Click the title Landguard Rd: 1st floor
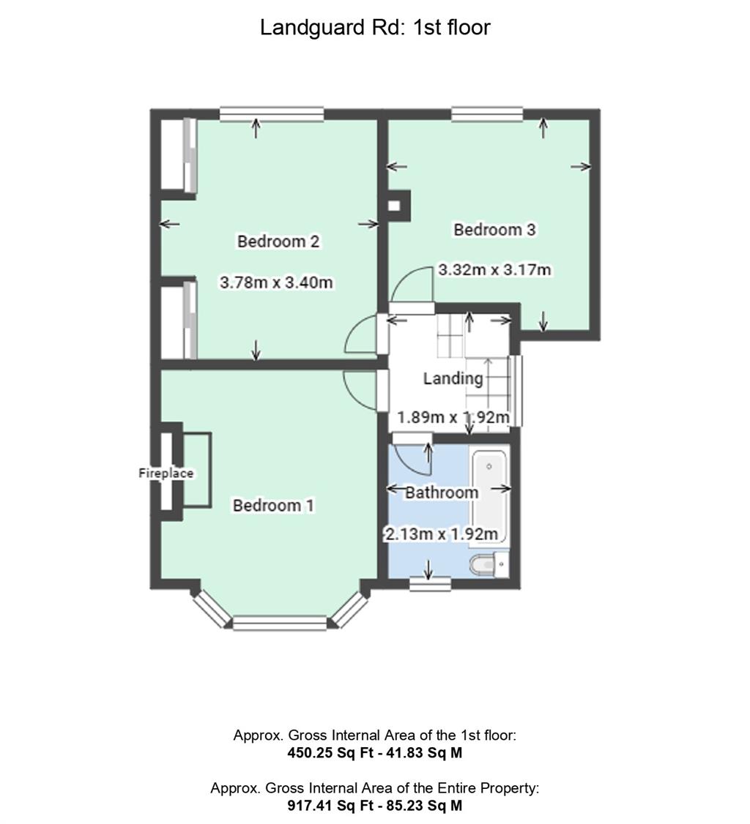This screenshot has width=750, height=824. [x=375, y=27]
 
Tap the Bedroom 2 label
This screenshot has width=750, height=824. [x=278, y=241]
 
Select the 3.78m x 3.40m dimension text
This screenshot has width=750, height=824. [x=276, y=282]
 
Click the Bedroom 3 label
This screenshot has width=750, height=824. [x=494, y=230]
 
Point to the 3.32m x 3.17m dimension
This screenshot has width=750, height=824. [x=494, y=269]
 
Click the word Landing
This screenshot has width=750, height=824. [x=453, y=379]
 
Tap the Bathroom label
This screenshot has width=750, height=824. [x=442, y=492]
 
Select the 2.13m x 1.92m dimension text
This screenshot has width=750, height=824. [x=441, y=534]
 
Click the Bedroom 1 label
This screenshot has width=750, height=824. [x=273, y=505]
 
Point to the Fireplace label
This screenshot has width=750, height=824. [x=166, y=473]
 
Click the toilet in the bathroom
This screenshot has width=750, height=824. [x=489, y=564]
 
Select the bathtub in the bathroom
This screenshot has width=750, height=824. [x=490, y=497]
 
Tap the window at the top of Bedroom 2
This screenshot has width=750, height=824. [x=272, y=114]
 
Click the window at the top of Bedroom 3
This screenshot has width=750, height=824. [x=487, y=114]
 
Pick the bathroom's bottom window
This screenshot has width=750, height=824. [x=430, y=584]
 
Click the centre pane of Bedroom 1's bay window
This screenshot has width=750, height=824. [x=280, y=623]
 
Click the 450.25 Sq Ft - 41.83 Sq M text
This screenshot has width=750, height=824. [x=375, y=752]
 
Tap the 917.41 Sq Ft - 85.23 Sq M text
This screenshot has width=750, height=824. [x=375, y=805]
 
